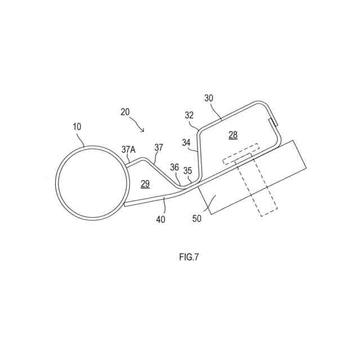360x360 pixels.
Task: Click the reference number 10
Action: tap(76, 127)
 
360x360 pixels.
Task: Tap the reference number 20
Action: tap(125, 111)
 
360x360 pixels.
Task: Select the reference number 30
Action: tap(209, 97)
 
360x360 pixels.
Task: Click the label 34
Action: tap(186, 142)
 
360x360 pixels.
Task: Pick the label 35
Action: tap(188, 170)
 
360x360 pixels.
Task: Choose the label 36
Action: tap(174, 167)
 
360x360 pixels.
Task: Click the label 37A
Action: tap(129, 150)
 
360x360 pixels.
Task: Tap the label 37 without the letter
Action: tap(159, 147)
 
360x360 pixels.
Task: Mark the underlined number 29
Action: tap(145, 183)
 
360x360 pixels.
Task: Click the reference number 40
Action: tap(160, 219)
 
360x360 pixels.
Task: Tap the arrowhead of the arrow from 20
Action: tap(144, 131)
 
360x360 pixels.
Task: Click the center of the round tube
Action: tap(92, 183)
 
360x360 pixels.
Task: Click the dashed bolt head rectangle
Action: tap(241, 154)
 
